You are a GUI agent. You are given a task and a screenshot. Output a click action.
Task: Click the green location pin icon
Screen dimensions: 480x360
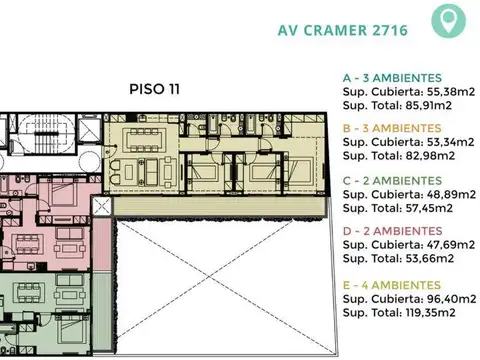448,20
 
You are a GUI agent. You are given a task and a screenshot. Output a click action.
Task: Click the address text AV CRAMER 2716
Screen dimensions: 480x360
343,30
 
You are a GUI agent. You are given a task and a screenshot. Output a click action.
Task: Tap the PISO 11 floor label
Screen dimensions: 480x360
154,89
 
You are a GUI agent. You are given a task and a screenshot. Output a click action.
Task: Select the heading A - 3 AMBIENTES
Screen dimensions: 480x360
392,78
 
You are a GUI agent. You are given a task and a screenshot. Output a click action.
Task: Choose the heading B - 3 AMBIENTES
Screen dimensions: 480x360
392,128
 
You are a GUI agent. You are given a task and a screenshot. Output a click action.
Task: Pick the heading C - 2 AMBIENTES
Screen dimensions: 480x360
392,181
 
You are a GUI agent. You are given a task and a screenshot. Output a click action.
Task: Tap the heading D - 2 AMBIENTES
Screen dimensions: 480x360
393,231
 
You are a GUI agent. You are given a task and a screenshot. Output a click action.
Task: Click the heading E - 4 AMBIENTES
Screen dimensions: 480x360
392,285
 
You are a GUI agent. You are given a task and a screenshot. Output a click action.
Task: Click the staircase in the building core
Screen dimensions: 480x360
47,134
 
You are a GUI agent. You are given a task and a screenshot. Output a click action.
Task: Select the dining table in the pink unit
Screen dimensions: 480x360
28,244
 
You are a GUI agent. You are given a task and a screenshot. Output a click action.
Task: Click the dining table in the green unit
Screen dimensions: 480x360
29,292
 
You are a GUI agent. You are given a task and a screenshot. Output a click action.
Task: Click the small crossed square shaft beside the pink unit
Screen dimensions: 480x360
102,207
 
